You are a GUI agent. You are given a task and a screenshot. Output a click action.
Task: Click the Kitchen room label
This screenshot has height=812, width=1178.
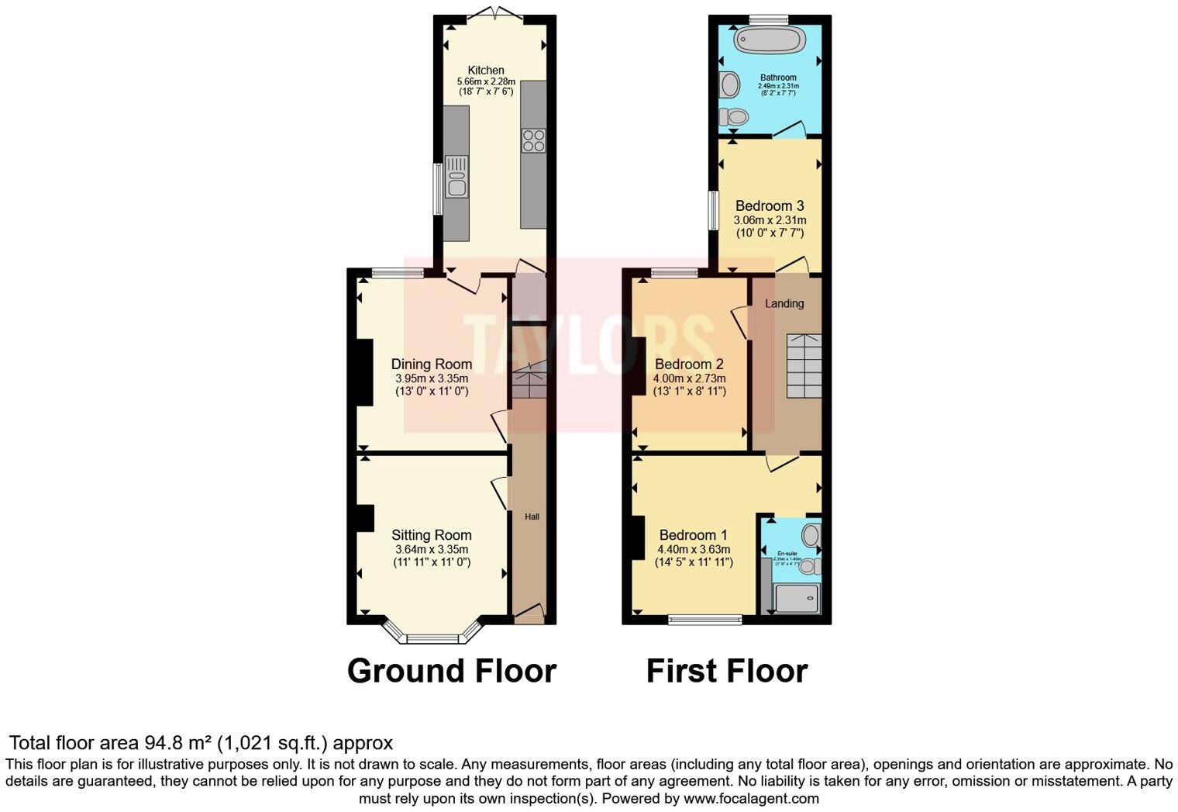tap(486, 70)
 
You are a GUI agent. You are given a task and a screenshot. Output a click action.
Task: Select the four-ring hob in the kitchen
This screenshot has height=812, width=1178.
tap(533, 140)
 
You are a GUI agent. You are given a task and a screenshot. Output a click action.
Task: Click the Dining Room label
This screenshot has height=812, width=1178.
tap(431, 364)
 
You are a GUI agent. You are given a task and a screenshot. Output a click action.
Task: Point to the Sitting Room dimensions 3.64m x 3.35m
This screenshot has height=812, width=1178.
tap(431, 549)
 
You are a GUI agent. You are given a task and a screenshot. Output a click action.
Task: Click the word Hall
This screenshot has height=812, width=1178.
tap(532, 517)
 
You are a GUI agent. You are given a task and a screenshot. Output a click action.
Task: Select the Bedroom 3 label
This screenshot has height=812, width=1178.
tap(769, 206)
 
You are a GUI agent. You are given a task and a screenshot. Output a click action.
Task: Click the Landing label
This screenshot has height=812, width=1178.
tap(784, 303)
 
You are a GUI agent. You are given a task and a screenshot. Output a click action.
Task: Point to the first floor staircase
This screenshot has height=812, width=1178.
tap(804, 365)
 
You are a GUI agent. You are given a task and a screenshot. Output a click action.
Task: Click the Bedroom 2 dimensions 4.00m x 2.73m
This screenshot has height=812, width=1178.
tap(690, 378)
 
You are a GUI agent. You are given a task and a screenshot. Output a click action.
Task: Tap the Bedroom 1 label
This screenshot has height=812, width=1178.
tap(693, 534)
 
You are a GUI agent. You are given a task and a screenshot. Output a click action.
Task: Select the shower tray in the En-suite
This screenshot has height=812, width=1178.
tap(796, 598)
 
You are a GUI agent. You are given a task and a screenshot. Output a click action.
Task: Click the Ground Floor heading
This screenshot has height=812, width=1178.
tap(452, 671)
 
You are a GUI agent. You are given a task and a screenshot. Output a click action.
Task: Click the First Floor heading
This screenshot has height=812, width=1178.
tap(727, 671)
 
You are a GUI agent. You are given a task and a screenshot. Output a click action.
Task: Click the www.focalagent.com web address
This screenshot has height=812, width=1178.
tap(750, 798)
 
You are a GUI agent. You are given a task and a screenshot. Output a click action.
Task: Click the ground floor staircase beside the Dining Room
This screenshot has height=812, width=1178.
tap(529, 380)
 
